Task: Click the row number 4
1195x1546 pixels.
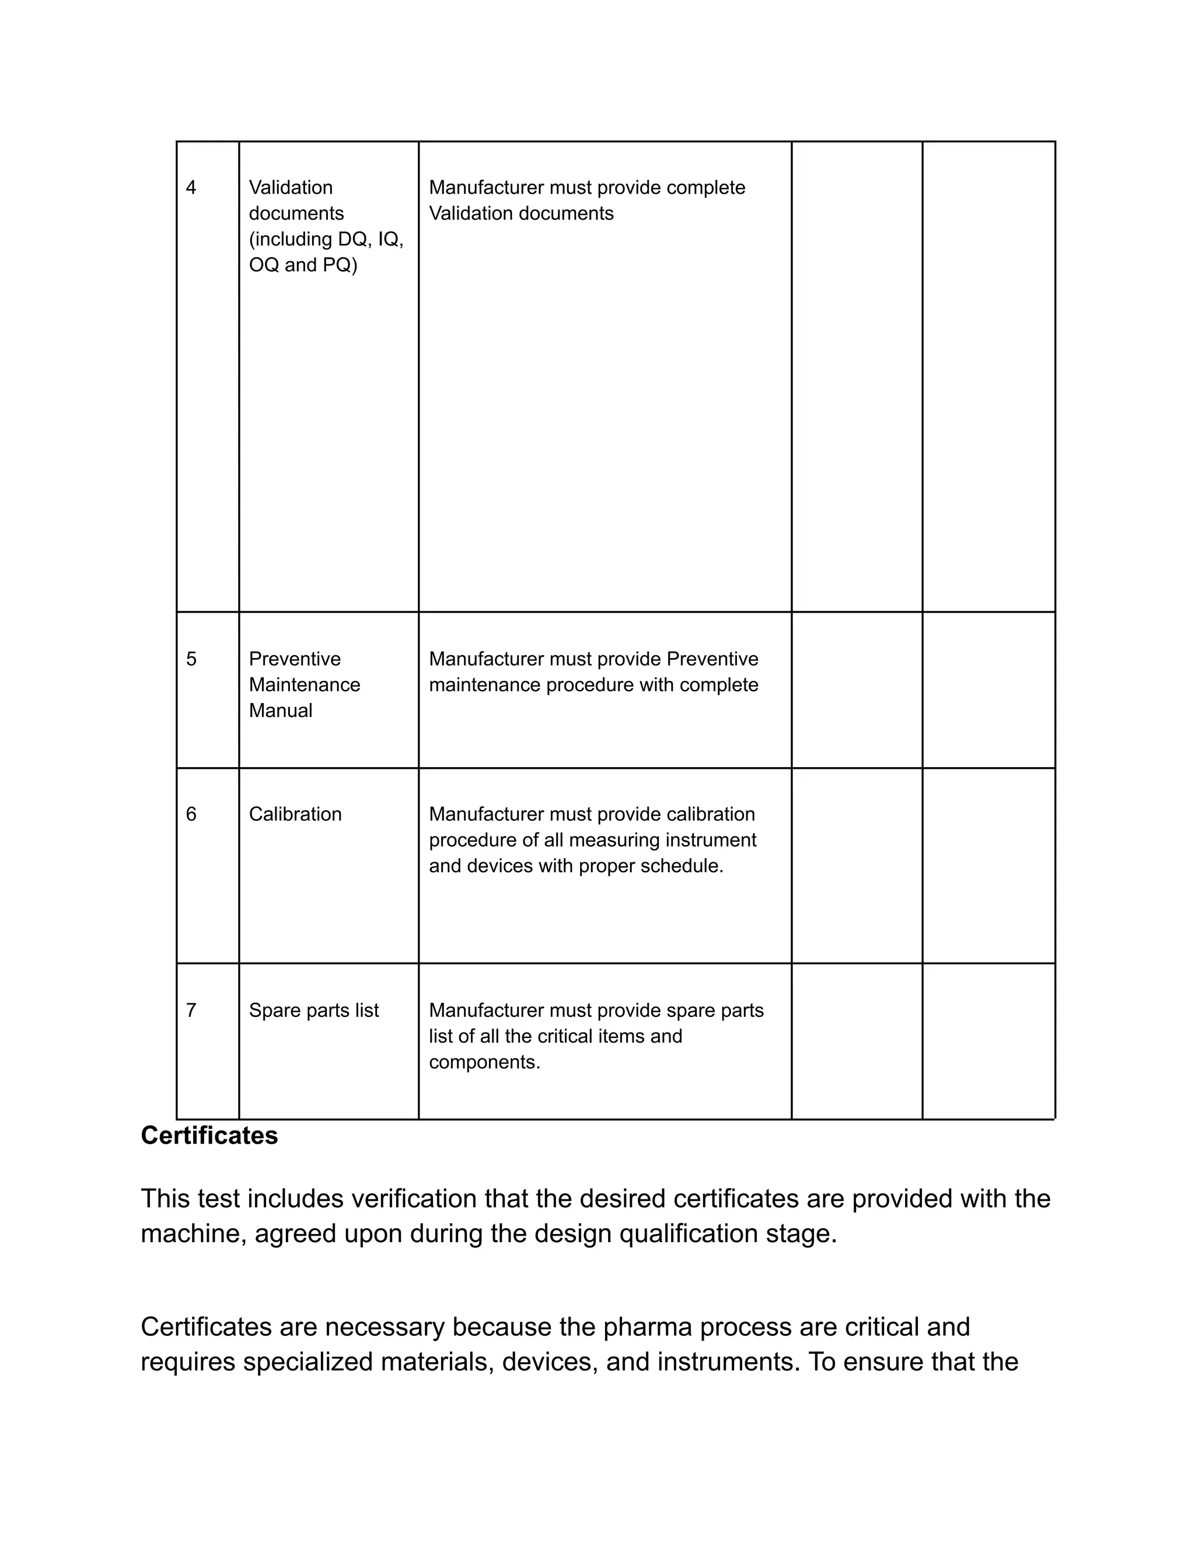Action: [x=191, y=188]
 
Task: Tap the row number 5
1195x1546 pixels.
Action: [x=191, y=659]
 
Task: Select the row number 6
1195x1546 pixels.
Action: [x=191, y=814]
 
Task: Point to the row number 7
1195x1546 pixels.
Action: [x=191, y=1010]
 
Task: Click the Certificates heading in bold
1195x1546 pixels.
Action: [x=209, y=1135]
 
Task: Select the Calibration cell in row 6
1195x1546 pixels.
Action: [x=295, y=814]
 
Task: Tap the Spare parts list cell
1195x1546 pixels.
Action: [x=313, y=1010]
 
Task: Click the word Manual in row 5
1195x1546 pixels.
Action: [x=280, y=711]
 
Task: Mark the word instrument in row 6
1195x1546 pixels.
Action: [x=714, y=840]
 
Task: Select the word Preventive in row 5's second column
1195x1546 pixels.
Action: [x=295, y=659]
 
